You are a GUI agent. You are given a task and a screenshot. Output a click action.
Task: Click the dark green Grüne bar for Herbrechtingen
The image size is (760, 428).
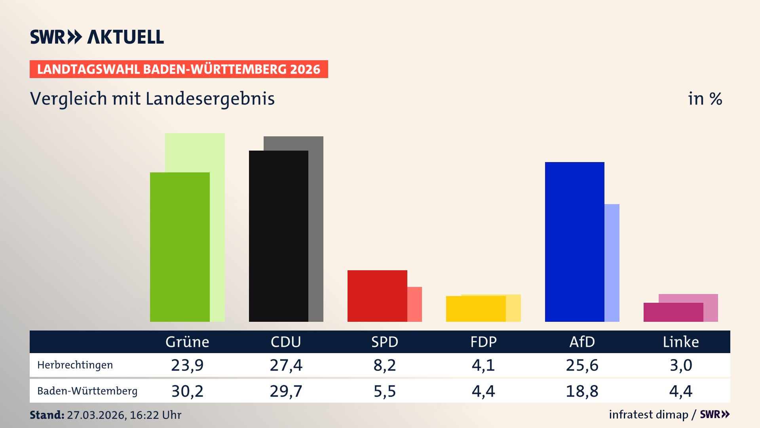(180, 247)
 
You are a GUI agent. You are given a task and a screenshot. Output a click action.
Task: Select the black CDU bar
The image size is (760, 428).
(278, 236)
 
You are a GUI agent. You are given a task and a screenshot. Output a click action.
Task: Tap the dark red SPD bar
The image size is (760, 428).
(377, 296)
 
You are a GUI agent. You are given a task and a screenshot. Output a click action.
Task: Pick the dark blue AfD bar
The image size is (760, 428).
(574, 242)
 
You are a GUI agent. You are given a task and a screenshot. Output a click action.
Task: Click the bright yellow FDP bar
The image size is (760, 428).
(475, 309)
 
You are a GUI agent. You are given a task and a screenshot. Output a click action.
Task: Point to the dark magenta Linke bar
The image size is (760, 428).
(673, 312)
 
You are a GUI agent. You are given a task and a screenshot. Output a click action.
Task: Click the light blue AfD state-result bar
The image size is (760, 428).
(612, 263)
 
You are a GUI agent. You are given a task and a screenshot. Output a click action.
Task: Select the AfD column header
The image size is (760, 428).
(582, 342)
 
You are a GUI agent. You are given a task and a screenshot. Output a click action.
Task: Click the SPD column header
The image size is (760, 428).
(384, 342)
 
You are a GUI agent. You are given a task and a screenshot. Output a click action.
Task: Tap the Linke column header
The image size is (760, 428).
(681, 342)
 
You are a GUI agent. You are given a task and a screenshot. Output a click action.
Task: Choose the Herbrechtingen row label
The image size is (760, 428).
(75, 365)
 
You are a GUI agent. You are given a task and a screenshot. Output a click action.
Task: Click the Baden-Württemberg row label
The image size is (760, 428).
(87, 391)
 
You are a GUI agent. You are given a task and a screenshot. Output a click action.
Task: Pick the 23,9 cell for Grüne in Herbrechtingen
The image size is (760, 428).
(187, 365)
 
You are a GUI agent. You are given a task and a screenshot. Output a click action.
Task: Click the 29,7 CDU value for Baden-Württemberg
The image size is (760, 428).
(286, 391)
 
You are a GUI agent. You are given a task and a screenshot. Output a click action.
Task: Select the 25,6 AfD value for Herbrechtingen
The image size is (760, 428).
(582, 365)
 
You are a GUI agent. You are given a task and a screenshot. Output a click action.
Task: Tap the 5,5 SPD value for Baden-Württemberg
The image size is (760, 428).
(384, 391)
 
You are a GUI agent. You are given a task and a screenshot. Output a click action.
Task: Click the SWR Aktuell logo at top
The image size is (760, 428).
(97, 37)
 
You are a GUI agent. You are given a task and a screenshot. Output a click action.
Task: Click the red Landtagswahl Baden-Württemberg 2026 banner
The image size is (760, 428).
(179, 69)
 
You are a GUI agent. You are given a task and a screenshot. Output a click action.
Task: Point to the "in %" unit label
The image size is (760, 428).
(705, 99)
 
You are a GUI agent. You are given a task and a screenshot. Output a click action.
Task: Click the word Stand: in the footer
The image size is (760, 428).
(47, 415)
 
